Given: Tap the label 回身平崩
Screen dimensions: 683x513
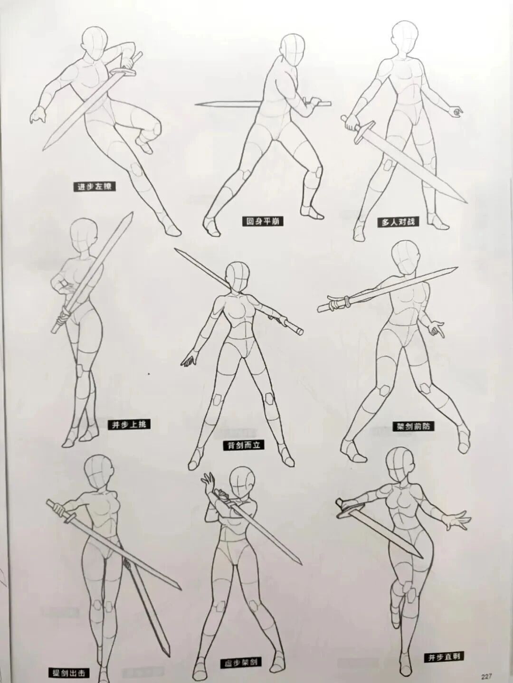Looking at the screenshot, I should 262,221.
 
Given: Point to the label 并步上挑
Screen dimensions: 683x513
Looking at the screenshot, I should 129,425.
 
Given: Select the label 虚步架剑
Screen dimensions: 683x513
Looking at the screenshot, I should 242,662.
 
